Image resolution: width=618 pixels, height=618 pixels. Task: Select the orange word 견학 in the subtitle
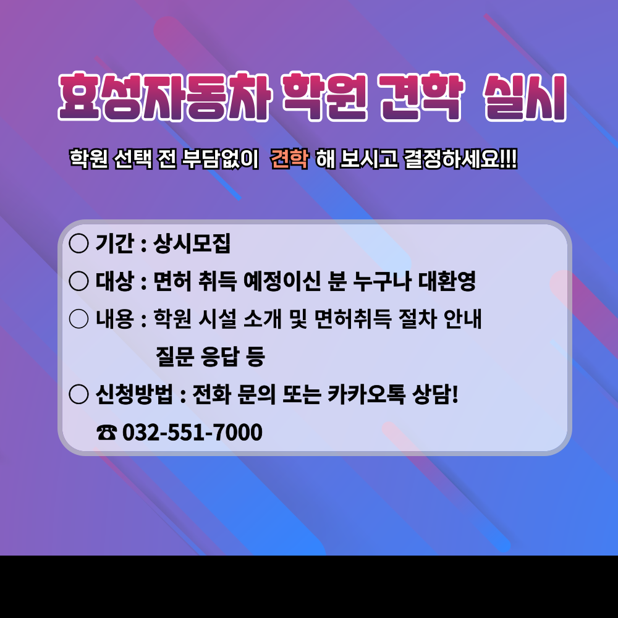[x=290, y=159]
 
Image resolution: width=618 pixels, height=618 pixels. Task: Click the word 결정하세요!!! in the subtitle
[x=460, y=159]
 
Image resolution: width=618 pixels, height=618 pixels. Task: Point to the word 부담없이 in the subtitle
[x=220, y=159]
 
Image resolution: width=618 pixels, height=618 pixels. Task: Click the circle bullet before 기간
[x=79, y=243]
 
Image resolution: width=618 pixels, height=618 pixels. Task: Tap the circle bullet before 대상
[x=79, y=281]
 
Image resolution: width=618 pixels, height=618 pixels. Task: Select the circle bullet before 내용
[x=79, y=318]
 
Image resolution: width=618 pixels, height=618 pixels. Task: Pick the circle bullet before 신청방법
[x=79, y=394]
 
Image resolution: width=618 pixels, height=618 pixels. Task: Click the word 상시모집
[x=192, y=243]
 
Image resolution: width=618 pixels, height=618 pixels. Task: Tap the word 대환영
[x=447, y=281]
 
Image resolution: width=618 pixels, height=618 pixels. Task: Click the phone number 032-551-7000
[x=192, y=432]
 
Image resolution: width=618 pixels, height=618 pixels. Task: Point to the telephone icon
[x=106, y=433]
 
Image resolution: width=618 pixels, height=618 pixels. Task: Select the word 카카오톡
[x=366, y=394]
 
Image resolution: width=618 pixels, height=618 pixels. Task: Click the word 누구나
[x=383, y=281]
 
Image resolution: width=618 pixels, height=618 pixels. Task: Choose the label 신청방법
[x=134, y=394]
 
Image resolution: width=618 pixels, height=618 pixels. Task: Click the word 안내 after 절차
[x=463, y=318]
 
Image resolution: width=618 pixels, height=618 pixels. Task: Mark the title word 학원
[x=324, y=96]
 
